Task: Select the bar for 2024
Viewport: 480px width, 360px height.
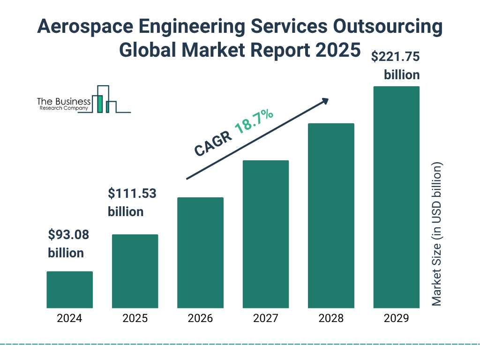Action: pos(69,290)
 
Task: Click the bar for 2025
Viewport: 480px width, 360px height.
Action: pos(135,271)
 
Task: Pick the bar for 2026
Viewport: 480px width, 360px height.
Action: pos(200,253)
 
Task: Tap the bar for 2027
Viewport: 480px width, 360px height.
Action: pos(265,234)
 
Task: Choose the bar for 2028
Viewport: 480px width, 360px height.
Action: pos(331,216)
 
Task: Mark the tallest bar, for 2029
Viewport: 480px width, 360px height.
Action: pos(396,197)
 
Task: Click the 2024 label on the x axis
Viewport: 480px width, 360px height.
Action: pos(69,319)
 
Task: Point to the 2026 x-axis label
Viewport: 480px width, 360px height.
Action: pos(200,319)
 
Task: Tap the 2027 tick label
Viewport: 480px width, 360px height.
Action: pos(265,319)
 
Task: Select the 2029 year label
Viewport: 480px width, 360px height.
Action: pos(396,319)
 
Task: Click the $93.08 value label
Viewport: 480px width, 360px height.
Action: pos(68,234)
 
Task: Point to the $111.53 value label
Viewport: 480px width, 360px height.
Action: pos(132,193)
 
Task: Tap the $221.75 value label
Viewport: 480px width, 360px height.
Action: pos(395,57)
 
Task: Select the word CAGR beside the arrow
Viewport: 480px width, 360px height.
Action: pos(213,143)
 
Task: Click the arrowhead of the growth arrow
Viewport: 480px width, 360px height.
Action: pos(324,101)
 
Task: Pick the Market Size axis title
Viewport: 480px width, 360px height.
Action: pos(437,234)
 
